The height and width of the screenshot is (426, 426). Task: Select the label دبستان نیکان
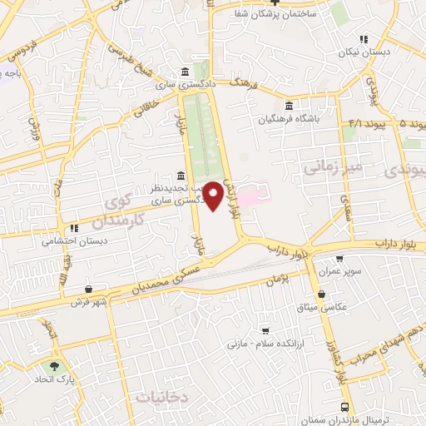(363, 52)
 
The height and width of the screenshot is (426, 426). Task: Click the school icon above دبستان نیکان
(363, 39)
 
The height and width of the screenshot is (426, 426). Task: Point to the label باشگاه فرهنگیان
(288, 118)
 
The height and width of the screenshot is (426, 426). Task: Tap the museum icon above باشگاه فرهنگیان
(288, 106)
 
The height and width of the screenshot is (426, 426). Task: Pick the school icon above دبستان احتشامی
(73, 228)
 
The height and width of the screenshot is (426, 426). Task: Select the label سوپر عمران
(339, 270)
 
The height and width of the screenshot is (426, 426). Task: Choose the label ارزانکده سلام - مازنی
(266, 343)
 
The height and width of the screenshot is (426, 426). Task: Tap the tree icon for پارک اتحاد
(55, 365)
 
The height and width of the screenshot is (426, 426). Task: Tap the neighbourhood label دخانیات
(167, 398)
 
